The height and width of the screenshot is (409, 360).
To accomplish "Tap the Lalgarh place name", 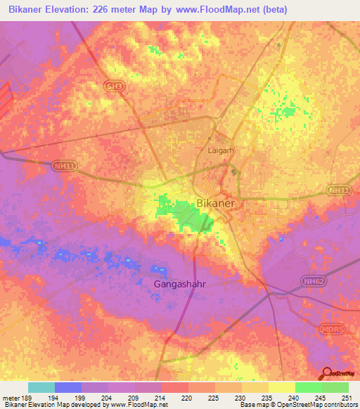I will coord(220,150).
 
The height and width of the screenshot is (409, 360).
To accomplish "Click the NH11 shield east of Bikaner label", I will coord(337,190).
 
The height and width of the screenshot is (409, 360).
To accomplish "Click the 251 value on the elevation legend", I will coord(347,398).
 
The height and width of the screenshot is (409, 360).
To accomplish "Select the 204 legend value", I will coord(108,398).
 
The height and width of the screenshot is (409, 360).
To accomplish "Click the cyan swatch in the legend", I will coord(41,387).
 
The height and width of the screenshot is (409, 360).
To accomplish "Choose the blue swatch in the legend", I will coord(68,387).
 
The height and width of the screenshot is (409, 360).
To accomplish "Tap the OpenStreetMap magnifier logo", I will coord(326,373).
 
